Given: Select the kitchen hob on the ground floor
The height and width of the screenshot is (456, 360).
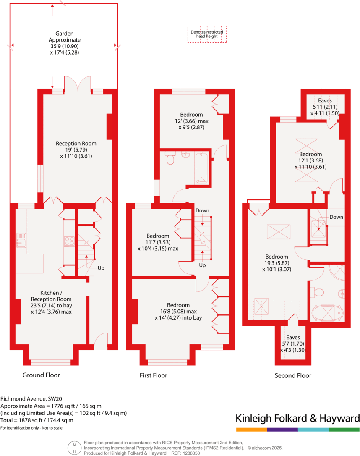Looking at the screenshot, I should point(69,241).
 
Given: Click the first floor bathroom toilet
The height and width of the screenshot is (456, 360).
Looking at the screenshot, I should point(170,158).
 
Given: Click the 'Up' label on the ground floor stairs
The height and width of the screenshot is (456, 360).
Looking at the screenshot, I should point(101,267).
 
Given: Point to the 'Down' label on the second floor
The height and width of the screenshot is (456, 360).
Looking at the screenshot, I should point(336,217).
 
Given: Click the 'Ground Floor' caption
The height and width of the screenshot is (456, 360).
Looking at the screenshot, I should point(41,375).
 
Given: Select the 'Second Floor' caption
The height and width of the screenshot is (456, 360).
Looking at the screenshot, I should point(293,375).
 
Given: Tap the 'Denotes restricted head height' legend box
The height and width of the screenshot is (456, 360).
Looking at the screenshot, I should point(207,34).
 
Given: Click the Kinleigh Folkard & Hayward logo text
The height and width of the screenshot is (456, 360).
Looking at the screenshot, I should point(297,418).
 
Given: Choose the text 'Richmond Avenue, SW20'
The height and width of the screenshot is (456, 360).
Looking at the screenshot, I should point(28,399).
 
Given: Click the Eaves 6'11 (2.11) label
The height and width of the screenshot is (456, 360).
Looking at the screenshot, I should point(325,107).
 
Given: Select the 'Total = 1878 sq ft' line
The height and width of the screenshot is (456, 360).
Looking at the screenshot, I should point(37,420).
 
